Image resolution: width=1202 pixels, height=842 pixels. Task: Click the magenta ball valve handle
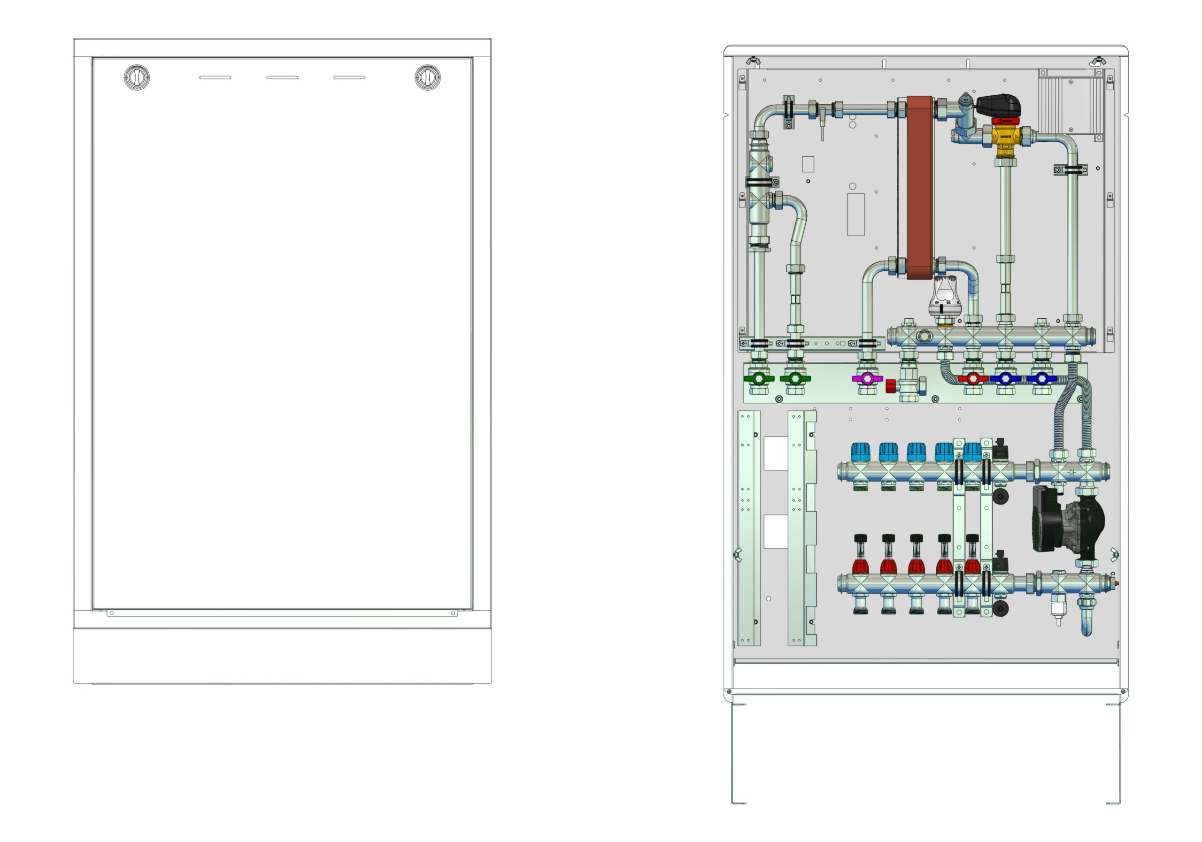pyautogui.click(x=868, y=378)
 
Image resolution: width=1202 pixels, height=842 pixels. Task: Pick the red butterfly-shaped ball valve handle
pyautogui.click(x=973, y=378)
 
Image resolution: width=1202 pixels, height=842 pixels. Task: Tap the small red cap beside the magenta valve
pyautogui.click(x=891, y=386)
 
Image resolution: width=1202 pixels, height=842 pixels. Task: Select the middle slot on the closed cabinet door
pyautogui.click(x=282, y=77)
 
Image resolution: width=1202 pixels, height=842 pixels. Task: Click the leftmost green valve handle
pyautogui.click(x=759, y=378)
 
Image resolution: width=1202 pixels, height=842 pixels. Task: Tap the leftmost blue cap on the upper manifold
pyautogui.click(x=860, y=452)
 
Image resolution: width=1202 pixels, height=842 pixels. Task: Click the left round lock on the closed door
pyautogui.click(x=137, y=77)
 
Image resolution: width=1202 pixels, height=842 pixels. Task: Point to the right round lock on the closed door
pyautogui.click(x=428, y=77)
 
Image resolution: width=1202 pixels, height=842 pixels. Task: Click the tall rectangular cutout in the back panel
pyautogui.click(x=856, y=214)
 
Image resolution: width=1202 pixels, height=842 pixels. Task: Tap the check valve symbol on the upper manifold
pyautogui.click(x=1071, y=473)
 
